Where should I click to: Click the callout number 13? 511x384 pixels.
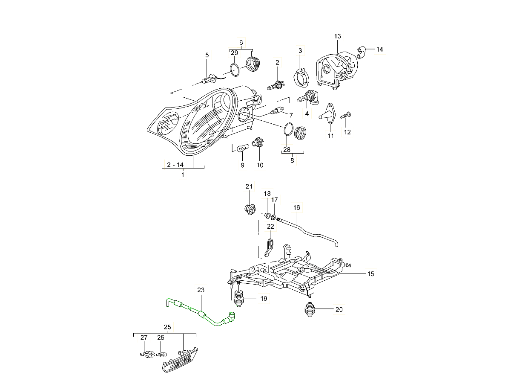tap(338, 36)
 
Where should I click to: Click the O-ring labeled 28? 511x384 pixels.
tap(288, 129)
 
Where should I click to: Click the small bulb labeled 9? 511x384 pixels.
tap(242, 148)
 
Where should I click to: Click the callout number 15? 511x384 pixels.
tap(370, 274)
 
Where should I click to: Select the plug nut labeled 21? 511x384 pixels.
tap(249, 209)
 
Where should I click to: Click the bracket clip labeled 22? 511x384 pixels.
tap(269, 247)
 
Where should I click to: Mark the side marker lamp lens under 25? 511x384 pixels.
tap(179, 361)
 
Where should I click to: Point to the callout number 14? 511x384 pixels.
tap(379, 49)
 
